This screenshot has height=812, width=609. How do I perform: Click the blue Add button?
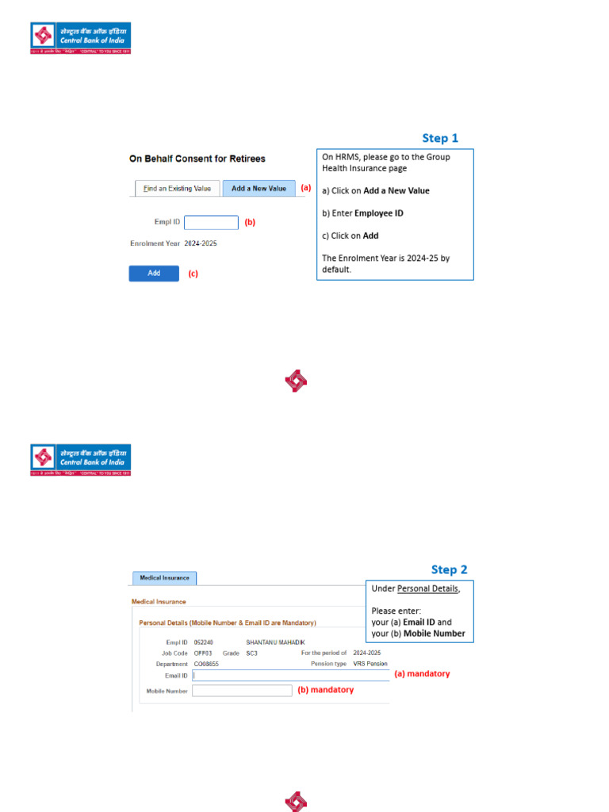[x=154, y=273]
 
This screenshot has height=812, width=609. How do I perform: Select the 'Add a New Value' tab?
[x=259, y=189]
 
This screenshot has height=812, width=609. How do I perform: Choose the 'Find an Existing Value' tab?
[x=177, y=189]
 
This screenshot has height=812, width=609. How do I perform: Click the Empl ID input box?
[x=211, y=223]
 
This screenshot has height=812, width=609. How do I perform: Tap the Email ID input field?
[x=291, y=676]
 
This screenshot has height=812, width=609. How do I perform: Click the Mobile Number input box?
[x=242, y=691]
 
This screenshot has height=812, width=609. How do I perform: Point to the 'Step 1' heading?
[x=440, y=138]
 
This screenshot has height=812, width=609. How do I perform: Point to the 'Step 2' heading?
[x=449, y=569]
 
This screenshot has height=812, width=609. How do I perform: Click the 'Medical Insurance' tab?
[x=164, y=578]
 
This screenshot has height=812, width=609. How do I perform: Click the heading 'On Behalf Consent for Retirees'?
[x=197, y=159]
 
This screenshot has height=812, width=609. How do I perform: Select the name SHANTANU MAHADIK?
[x=275, y=642]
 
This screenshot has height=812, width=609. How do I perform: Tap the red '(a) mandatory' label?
[x=422, y=673]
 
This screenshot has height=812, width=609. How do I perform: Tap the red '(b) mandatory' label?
[x=325, y=690]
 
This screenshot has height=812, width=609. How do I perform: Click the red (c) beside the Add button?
[x=193, y=274]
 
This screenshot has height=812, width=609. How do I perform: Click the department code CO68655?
[x=206, y=664]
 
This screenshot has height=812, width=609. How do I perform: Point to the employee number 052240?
[x=204, y=642]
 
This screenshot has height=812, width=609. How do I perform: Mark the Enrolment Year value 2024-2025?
[x=201, y=243]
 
